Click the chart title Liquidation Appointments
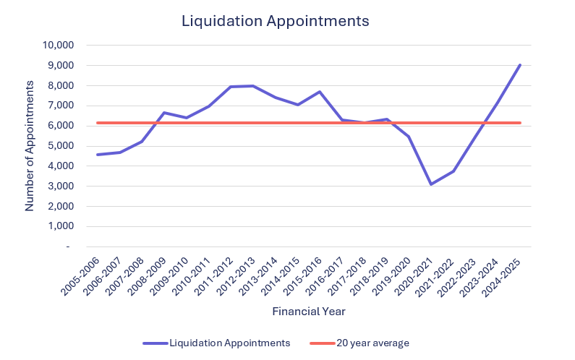click(275, 21)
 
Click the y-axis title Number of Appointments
click(30, 145)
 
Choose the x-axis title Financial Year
click(309, 312)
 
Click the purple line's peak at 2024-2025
click(520, 65)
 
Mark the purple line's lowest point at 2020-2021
click(430, 184)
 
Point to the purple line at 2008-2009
click(164, 113)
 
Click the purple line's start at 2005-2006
click(98, 155)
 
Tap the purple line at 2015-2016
click(320, 92)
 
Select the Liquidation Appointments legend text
click(229, 343)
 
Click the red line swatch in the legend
click(321, 343)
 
